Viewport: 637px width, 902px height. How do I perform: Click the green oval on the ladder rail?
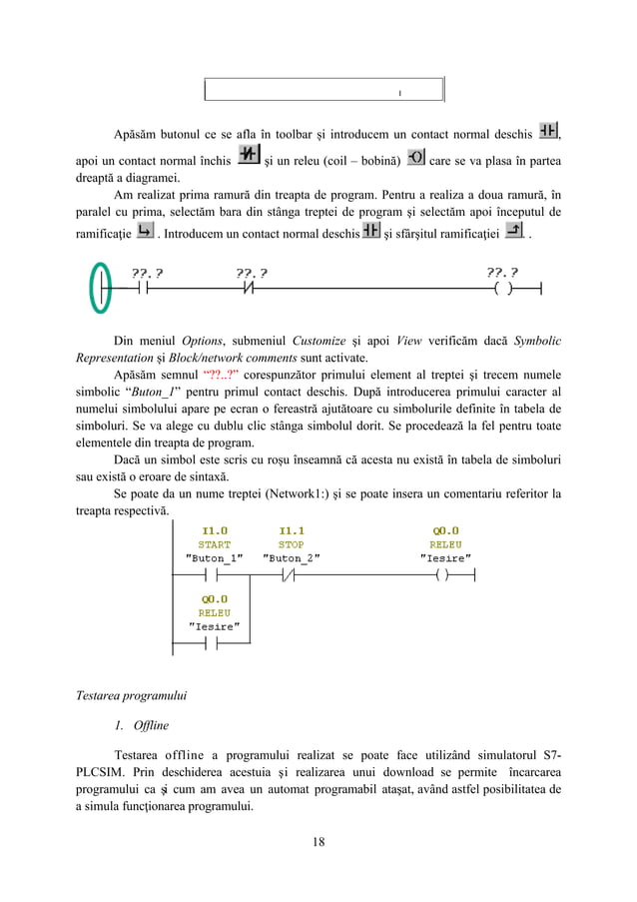[x=98, y=289]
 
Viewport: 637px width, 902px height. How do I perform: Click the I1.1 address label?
[x=292, y=531]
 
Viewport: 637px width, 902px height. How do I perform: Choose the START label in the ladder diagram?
[x=214, y=545]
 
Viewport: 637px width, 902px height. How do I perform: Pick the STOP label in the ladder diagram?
[x=292, y=545]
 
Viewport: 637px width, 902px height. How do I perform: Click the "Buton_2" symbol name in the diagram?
[x=292, y=559]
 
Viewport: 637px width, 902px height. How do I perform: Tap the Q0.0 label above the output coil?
[x=445, y=531]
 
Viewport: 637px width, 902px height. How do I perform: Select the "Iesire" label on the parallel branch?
[x=214, y=626]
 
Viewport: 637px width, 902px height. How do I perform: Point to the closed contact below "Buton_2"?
[x=292, y=576]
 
